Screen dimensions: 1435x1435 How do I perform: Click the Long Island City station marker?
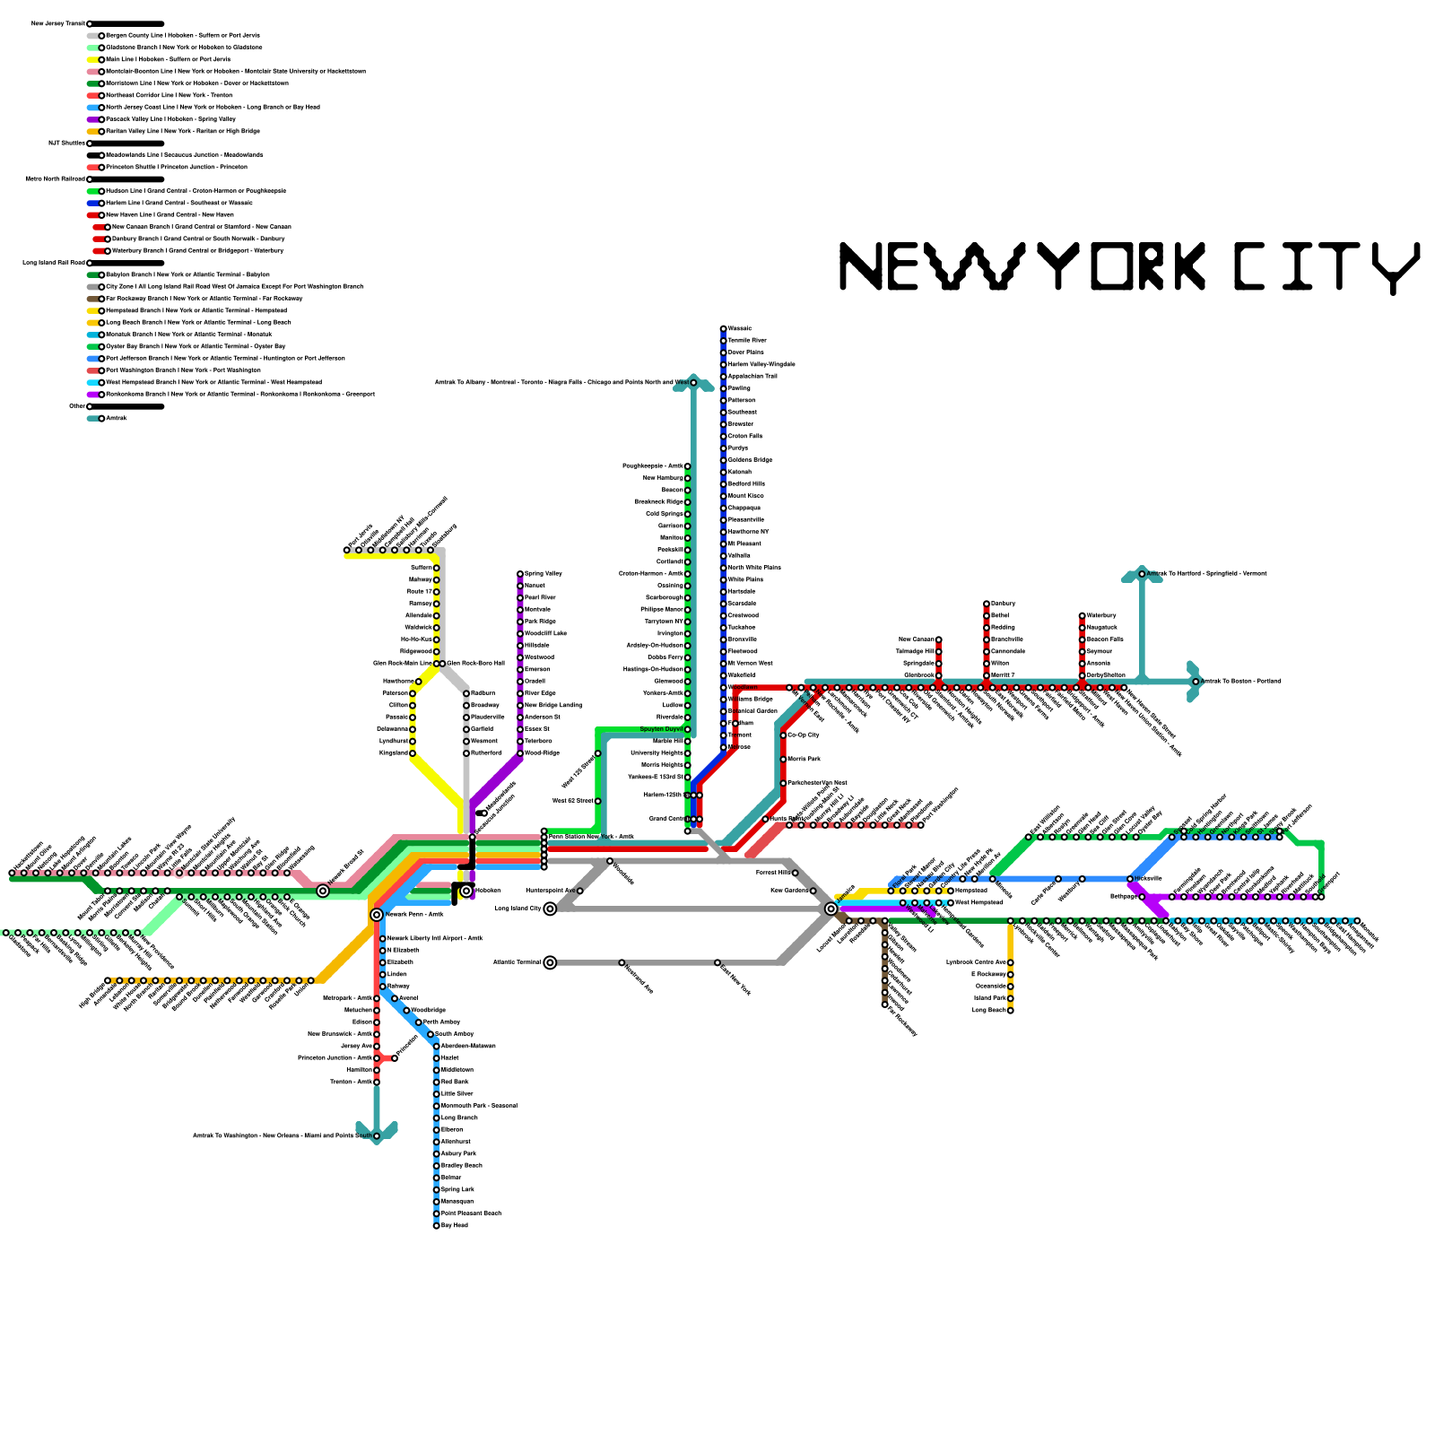[550, 909]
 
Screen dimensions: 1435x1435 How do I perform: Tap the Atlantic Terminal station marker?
[550, 962]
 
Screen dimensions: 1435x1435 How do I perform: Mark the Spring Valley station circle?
[520, 574]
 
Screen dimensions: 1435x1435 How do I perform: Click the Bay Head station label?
[455, 1225]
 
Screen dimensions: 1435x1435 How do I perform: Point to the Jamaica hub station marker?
[831, 909]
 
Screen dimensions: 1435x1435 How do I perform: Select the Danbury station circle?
[987, 604]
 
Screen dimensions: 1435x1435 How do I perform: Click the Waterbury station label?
[1101, 615]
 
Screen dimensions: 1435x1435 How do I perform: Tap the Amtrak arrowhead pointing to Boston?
[1195, 682]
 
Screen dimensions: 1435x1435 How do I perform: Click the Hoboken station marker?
[466, 891]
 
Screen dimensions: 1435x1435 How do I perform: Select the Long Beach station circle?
[1011, 1010]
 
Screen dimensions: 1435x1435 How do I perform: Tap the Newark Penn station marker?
[377, 915]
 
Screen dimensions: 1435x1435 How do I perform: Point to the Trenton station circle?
[377, 1082]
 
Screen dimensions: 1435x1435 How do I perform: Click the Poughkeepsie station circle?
[688, 466]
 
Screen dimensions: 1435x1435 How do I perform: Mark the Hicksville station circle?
[1130, 879]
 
